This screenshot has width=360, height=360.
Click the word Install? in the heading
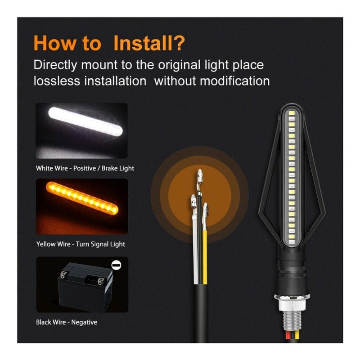point(148,43)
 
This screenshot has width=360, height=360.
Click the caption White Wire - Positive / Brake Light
point(85,168)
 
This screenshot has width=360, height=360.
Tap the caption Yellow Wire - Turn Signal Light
point(81,244)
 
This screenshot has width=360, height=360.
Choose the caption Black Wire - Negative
point(67,322)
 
